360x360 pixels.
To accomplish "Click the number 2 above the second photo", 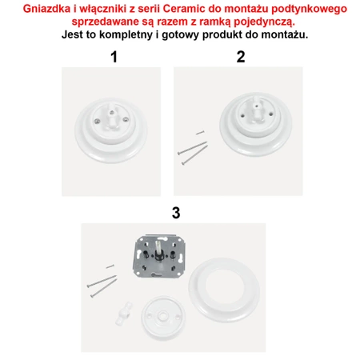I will pyautogui.click(x=241, y=57).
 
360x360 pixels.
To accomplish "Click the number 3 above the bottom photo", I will pyautogui.click(x=176, y=213).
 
